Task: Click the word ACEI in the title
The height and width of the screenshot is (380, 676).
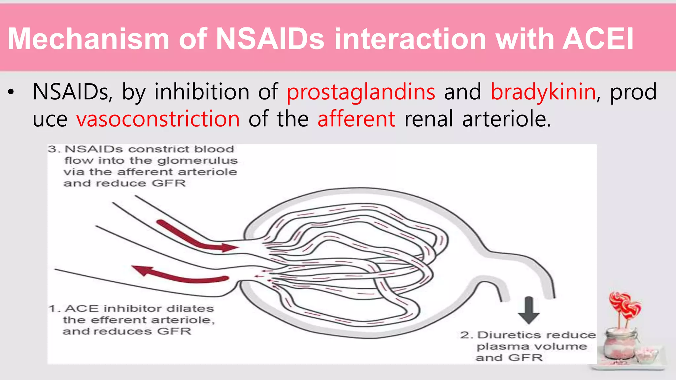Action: pyautogui.click(x=598, y=39)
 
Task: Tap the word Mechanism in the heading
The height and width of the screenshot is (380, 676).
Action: pyautogui.click(x=88, y=39)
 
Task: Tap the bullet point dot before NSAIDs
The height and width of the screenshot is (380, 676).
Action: pyautogui.click(x=11, y=93)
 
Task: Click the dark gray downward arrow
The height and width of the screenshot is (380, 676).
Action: pyautogui.click(x=529, y=310)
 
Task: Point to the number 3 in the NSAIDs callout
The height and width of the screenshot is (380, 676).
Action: pyautogui.click(x=53, y=149)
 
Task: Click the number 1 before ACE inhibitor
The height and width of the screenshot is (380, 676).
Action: pyautogui.click(x=53, y=309)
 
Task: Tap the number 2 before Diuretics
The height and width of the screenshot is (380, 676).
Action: pyautogui.click(x=465, y=335)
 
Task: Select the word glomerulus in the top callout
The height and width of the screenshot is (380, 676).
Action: pyautogui.click(x=197, y=161)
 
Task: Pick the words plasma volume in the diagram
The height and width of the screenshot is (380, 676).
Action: pyautogui.click(x=531, y=347)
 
